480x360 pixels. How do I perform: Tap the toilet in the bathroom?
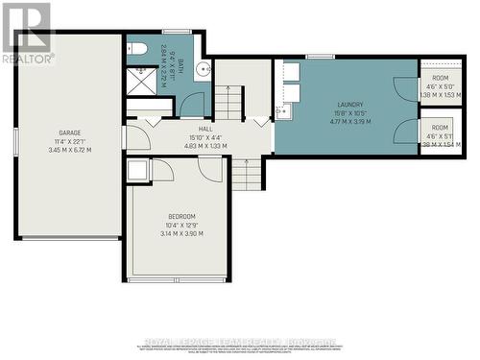(135, 48)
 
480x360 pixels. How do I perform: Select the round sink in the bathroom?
(204, 68)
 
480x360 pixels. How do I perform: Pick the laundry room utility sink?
(282, 112)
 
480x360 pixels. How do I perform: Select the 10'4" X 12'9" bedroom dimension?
(180, 226)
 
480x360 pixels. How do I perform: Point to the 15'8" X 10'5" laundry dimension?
(350, 113)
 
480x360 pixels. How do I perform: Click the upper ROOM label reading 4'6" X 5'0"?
(440, 76)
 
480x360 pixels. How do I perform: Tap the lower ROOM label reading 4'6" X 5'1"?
(440, 128)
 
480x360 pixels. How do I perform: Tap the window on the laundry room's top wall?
(313, 58)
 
